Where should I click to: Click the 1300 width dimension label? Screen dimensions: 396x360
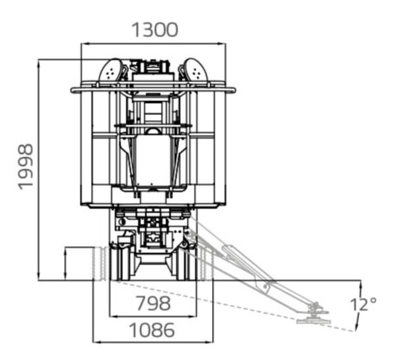click(x=155, y=30)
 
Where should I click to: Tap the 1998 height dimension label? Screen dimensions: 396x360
click(x=26, y=167)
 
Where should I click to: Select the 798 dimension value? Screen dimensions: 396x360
click(x=153, y=303)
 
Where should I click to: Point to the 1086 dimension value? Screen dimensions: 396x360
click(x=152, y=330)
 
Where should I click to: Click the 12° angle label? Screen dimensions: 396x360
click(x=363, y=304)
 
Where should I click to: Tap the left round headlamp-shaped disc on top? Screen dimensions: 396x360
click(x=111, y=71)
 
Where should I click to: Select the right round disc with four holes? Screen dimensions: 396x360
click(x=196, y=71)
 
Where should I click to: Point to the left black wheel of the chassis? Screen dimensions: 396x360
click(x=120, y=264)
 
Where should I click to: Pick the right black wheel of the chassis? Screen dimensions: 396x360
click(x=186, y=264)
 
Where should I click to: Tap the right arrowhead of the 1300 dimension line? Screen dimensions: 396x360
click(x=222, y=44)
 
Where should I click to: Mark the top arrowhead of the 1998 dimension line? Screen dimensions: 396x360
click(x=38, y=64)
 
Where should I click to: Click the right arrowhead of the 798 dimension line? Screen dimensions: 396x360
click(x=193, y=316)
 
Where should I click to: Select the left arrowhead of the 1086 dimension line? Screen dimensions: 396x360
click(x=97, y=342)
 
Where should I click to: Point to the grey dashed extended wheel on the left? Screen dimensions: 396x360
click(x=100, y=264)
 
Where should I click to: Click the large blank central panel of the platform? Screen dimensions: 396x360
click(x=153, y=160)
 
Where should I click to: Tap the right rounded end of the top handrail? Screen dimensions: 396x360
click(x=234, y=90)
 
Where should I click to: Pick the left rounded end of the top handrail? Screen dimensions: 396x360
click(x=73, y=90)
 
